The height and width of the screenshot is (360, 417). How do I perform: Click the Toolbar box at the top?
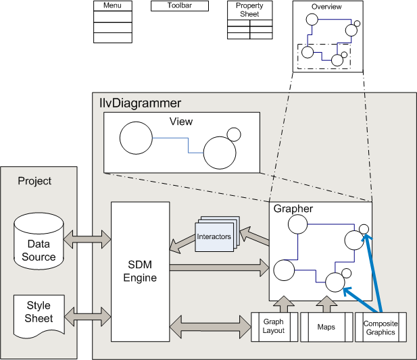point(170,5)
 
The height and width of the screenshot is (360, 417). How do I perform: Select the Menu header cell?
point(112,5)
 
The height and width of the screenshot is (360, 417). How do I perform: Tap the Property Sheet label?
point(249,10)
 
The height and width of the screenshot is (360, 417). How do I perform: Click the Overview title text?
point(326,7)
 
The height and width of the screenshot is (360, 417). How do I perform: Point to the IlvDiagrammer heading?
point(140,103)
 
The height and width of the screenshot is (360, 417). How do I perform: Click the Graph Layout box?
point(274,327)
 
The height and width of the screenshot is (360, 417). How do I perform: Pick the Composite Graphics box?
point(381,327)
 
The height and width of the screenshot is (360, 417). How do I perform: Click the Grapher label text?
point(293,209)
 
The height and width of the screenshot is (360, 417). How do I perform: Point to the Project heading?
point(34,181)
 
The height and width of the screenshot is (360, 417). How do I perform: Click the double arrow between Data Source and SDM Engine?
point(87,237)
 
